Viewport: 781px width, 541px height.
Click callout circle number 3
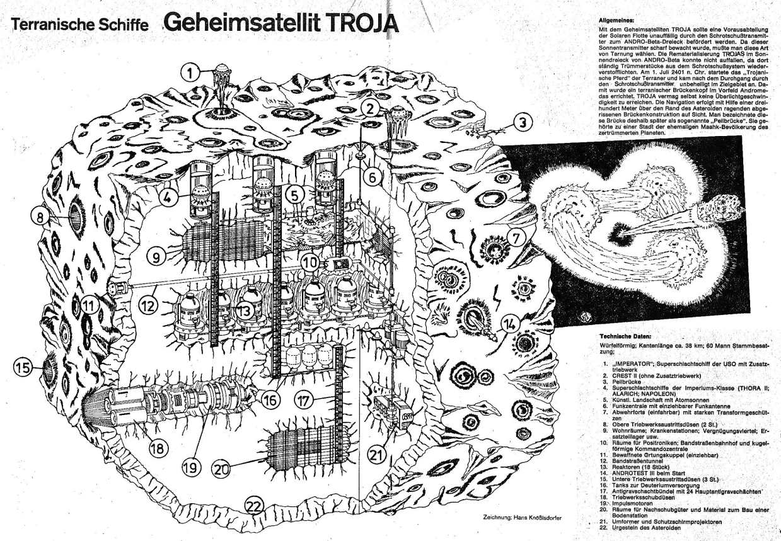tap(523, 123)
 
